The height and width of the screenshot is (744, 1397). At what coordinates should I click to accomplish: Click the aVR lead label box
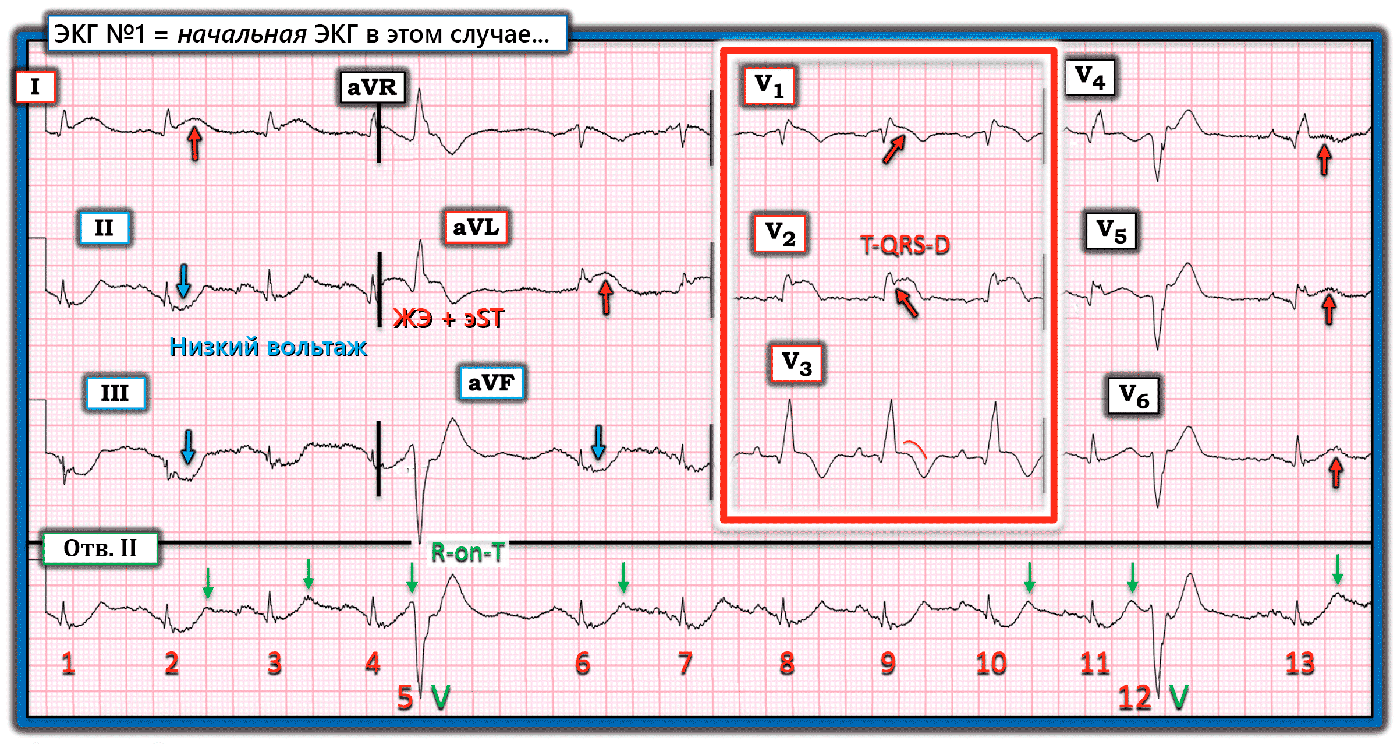(x=372, y=88)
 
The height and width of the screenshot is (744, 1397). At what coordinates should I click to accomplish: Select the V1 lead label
(x=769, y=86)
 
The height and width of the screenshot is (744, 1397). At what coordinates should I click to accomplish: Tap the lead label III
(x=115, y=393)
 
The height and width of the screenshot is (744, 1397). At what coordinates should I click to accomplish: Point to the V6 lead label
(x=1133, y=396)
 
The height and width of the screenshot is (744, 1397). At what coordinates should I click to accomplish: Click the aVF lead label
(x=491, y=383)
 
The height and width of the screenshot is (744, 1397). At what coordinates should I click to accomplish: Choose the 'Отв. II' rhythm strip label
(x=100, y=548)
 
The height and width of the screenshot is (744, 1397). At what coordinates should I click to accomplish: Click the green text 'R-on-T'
(x=467, y=552)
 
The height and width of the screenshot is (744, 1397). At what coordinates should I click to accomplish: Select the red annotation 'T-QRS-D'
(x=905, y=245)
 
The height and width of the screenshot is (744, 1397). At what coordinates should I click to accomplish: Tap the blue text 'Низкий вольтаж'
(x=268, y=347)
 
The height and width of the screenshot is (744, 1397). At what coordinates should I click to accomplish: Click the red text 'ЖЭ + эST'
(x=448, y=319)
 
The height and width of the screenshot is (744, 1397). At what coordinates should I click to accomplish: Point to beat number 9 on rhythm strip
(x=888, y=663)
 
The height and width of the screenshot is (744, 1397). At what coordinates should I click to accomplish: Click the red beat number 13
(x=1300, y=663)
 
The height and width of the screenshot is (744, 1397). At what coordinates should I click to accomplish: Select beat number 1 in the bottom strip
(x=68, y=663)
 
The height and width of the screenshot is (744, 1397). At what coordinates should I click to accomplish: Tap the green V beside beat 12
(x=1179, y=697)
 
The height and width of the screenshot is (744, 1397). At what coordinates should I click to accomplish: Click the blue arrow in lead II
(x=183, y=281)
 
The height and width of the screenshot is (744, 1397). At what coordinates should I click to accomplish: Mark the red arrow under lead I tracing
(x=195, y=143)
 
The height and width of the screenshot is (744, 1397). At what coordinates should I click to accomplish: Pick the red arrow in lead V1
(x=893, y=149)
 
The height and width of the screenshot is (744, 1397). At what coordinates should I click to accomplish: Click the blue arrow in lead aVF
(x=598, y=442)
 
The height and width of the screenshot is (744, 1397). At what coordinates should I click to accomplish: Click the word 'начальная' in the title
(x=242, y=35)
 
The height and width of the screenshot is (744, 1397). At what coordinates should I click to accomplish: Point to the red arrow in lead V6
(x=1336, y=473)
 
